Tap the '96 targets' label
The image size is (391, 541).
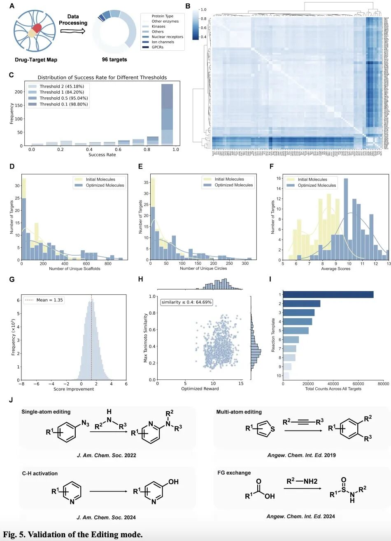point(114,59)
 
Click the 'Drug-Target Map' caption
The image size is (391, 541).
point(35,60)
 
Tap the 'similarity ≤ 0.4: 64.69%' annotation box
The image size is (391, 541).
point(186,302)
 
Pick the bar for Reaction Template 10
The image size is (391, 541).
point(286,376)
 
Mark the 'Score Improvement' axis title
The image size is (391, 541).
point(74,389)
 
